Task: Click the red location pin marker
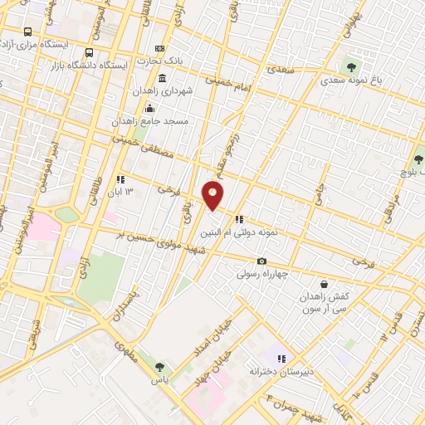point(213,194)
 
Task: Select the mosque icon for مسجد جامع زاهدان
point(149,106)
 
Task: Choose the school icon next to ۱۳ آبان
point(121,178)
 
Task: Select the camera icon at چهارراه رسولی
point(261,260)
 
